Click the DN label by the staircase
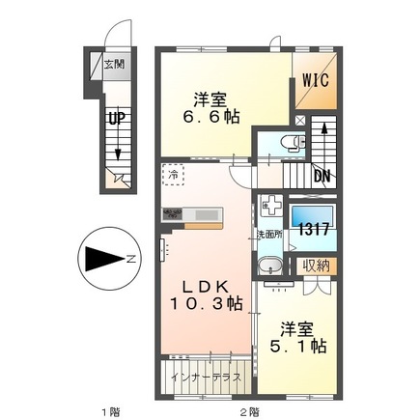click(x=322, y=176)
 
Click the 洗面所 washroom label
click(x=267, y=235)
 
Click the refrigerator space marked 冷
click(x=173, y=177)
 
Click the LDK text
click(x=202, y=287)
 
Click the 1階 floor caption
click(x=113, y=409)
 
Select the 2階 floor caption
click(x=249, y=409)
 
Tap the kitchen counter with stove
click(x=189, y=215)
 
